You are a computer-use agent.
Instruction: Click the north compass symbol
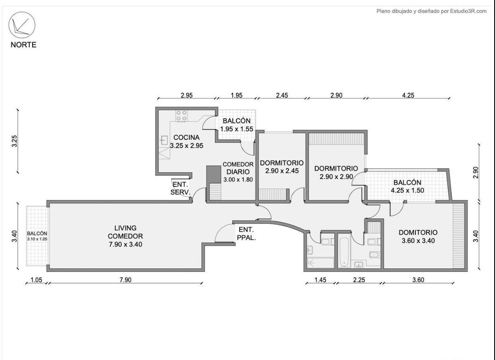[x=22, y=25]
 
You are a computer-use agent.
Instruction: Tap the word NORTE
[x=24, y=45]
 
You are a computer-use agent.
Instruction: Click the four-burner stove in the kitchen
[x=181, y=116]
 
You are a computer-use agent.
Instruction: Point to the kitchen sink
[x=164, y=140]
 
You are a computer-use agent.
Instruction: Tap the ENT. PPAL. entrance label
[x=246, y=234]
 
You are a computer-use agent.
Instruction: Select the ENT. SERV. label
[x=180, y=188]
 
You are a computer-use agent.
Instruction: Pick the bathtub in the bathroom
[x=344, y=252]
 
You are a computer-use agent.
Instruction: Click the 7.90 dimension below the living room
[x=125, y=280]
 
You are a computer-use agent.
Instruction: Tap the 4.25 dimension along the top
[x=408, y=95]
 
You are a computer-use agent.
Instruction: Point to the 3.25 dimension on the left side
[x=14, y=141]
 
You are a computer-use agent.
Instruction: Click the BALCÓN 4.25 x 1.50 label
[x=408, y=186]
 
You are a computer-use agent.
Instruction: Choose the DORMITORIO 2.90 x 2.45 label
[x=282, y=167]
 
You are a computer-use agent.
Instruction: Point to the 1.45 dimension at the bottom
[x=320, y=280]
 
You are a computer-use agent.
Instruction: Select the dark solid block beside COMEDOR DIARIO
[x=214, y=174]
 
